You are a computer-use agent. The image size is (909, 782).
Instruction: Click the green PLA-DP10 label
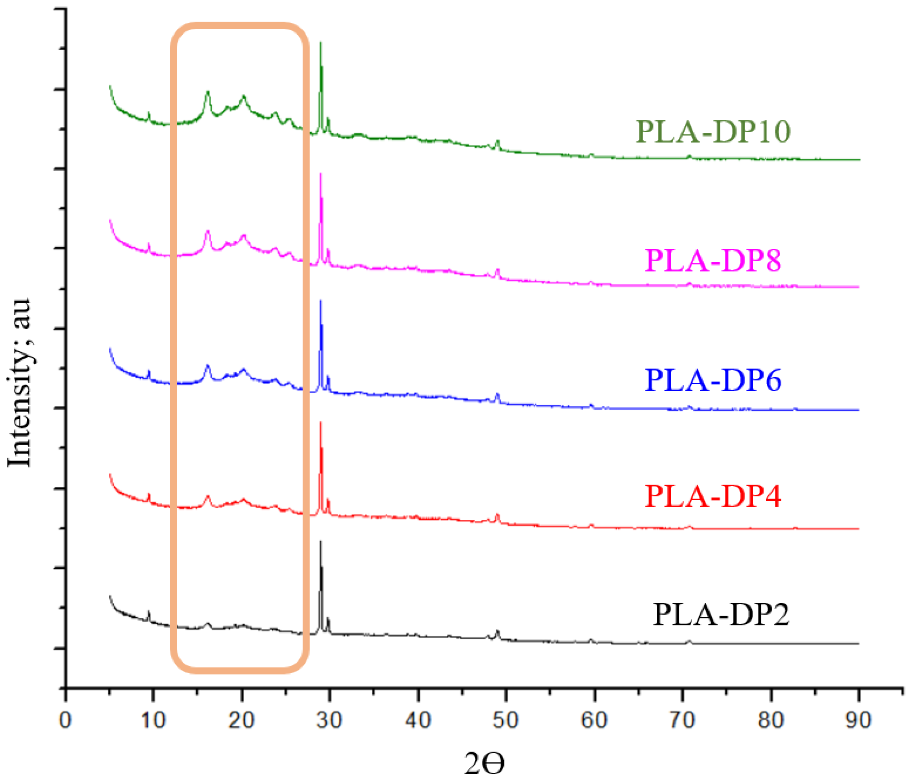tap(713, 131)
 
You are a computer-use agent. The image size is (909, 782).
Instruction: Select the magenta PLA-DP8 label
tap(713, 261)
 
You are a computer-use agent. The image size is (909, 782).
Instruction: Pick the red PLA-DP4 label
tap(713, 496)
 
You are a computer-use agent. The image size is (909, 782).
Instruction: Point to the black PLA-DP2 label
tap(721, 614)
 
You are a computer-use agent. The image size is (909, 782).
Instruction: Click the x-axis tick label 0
tap(65, 720)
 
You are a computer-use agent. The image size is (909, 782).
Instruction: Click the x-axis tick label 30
tap(330, 720)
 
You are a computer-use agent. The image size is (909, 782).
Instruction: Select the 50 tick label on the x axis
tap(506, 720)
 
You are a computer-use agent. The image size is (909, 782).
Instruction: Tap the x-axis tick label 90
tap(858, 720)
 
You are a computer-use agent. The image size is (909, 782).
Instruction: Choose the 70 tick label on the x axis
tap(682, 720)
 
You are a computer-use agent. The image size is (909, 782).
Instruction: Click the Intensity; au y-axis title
tap(20, 383)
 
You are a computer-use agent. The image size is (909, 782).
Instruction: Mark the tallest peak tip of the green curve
tap(321, 42)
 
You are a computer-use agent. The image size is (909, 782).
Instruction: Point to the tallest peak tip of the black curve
tap(321, 542)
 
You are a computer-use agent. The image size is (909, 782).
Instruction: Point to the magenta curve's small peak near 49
tap(497, 270)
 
